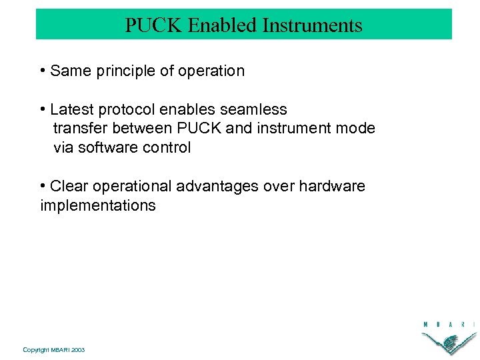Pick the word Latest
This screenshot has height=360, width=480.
72,109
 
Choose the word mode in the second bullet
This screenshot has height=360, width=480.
357,129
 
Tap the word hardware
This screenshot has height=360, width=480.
332,186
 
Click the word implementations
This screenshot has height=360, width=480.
98,205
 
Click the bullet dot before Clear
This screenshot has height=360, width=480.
43,186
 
